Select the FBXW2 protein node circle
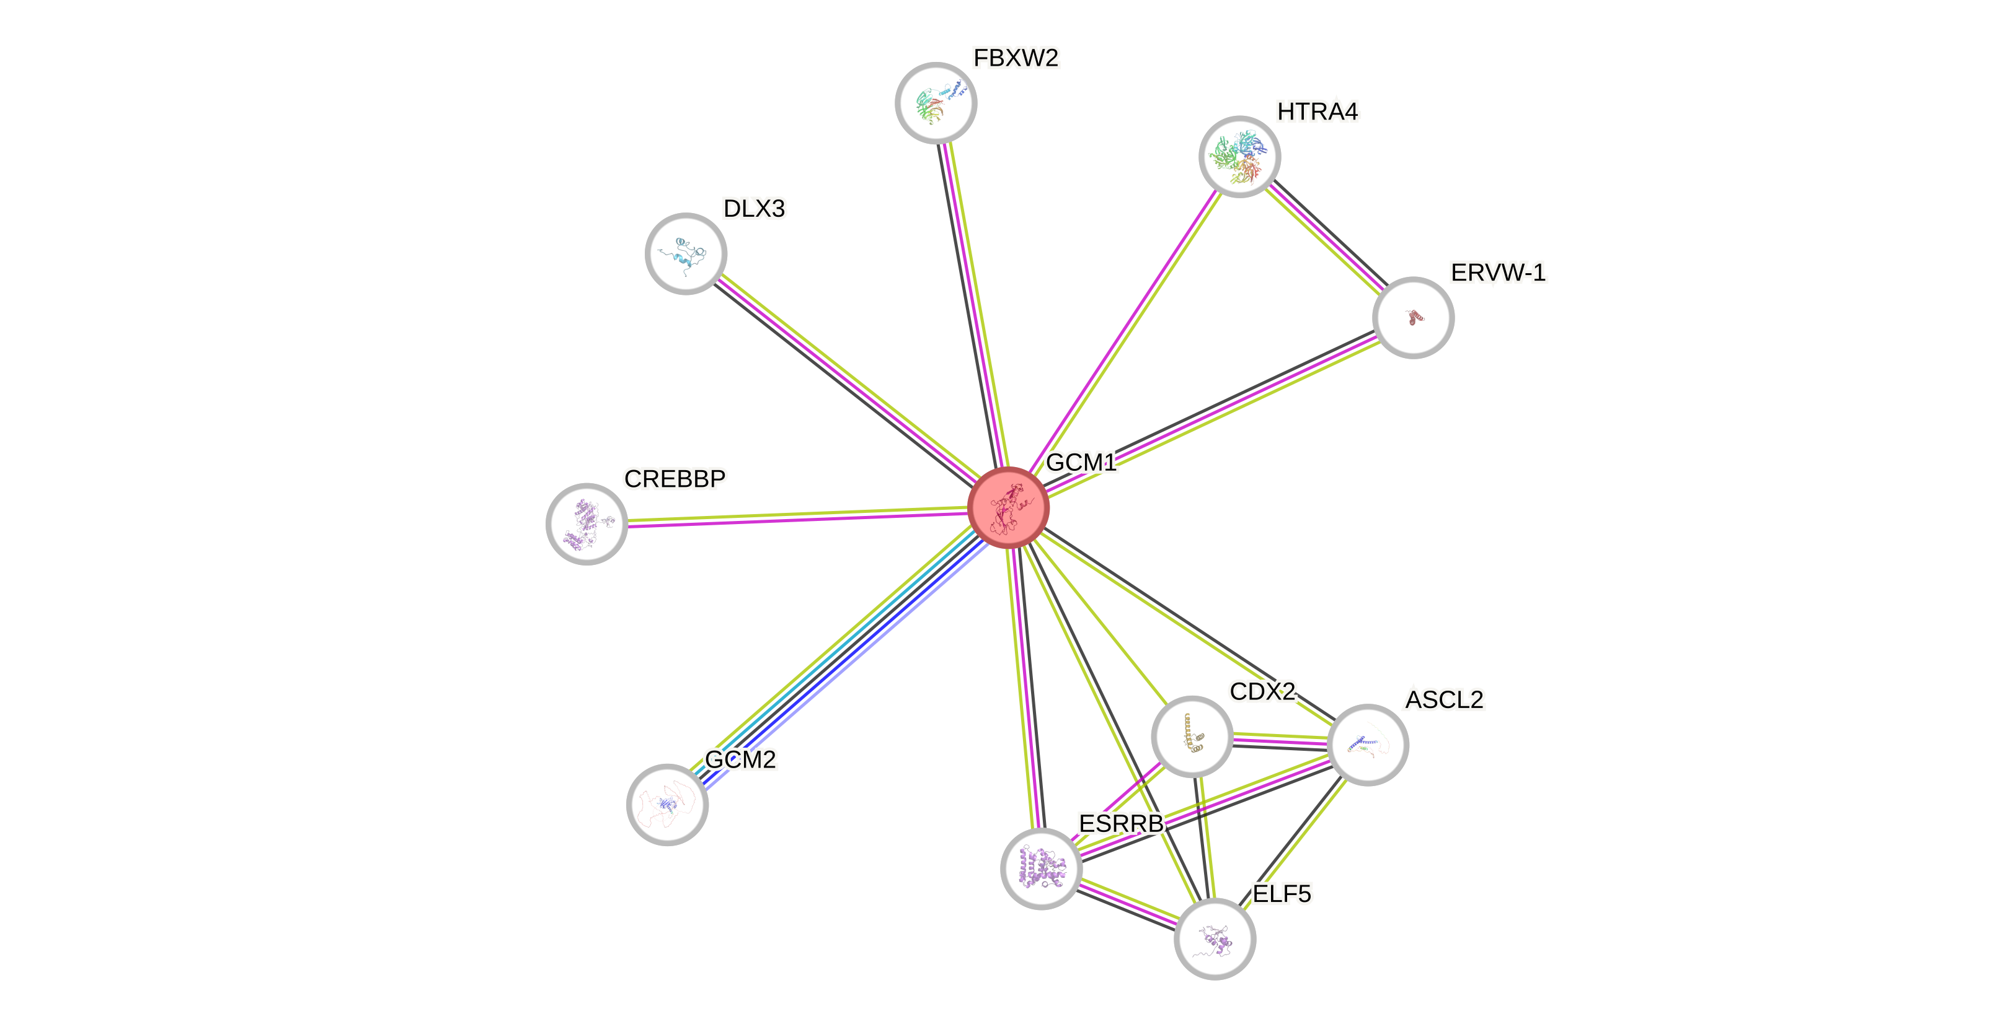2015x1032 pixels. (x=936, y=102)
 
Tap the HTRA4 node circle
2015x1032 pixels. (x=1240, y=156)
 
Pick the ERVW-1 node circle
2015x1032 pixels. (x=1413, y=317)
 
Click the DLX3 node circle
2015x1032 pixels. (x=686, y=253)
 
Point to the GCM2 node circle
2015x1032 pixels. (x=667, y=805)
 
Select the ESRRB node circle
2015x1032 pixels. (x=1041, y=868)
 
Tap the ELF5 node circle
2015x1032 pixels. (x=1215, y=938)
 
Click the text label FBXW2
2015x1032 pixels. (x=1016, y=58)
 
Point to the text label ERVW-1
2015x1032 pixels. (x=1498, y=273)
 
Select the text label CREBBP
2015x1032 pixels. (x=675, y=478)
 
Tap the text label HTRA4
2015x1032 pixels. (x=1318, y=112)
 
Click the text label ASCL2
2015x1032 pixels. (x=1444, y=699)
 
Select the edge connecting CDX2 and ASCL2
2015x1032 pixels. (x=1280, y=740)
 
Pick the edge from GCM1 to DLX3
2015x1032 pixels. (x=845, y=379)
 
